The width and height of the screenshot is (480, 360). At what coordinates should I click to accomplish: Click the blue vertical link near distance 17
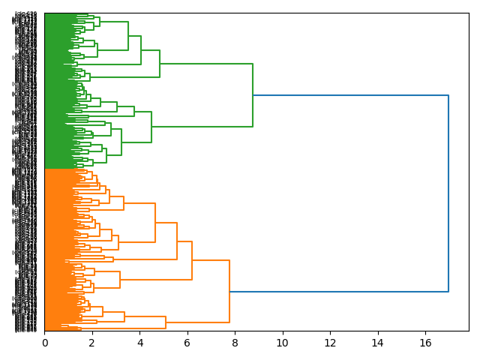pyautogui.click(x=448, y=193)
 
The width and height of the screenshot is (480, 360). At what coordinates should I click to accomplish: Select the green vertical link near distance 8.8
pyautogui.click(x=253, y=95)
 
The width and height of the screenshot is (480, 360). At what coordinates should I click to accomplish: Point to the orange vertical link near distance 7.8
pyautogui.click(x=229, y=291)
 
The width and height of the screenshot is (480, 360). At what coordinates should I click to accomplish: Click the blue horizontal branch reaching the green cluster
pyautogui.click(x=350, y=95)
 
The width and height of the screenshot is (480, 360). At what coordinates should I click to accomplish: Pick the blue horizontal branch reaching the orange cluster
pyautogui.click(x=339, y=291)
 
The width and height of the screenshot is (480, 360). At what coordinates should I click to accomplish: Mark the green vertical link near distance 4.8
pyautogui.click(x=160, y=64)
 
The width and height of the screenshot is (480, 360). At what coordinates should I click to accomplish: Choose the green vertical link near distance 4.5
pyautogui.click(x=151, y=127)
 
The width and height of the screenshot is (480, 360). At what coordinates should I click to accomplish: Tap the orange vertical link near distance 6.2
pyautogui.click(x=192, y=260)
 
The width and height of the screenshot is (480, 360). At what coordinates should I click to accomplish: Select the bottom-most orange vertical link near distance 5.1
pyautogui.click(x=166, y=322)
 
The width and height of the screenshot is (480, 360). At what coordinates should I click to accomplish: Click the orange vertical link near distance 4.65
pyautogui.click(x=155, y=223)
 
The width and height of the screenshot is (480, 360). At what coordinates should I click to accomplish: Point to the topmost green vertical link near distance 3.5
pyautogui.click(x=128, y=36)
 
